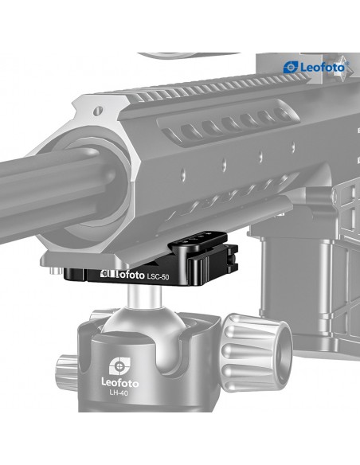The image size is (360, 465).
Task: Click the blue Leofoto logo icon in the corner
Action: tap(291, 68)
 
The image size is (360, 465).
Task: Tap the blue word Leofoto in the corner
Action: tap(323, 68)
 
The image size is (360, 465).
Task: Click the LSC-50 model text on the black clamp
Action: tap(158, 276)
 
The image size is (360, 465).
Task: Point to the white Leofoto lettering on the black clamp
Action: tap(123, 275)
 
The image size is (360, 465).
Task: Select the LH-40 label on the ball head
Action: tap(119, 393)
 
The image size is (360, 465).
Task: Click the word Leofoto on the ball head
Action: tap(119, 382)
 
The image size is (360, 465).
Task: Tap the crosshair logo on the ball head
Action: tap(119, 365)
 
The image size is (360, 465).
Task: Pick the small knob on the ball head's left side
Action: tap(67, 373)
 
